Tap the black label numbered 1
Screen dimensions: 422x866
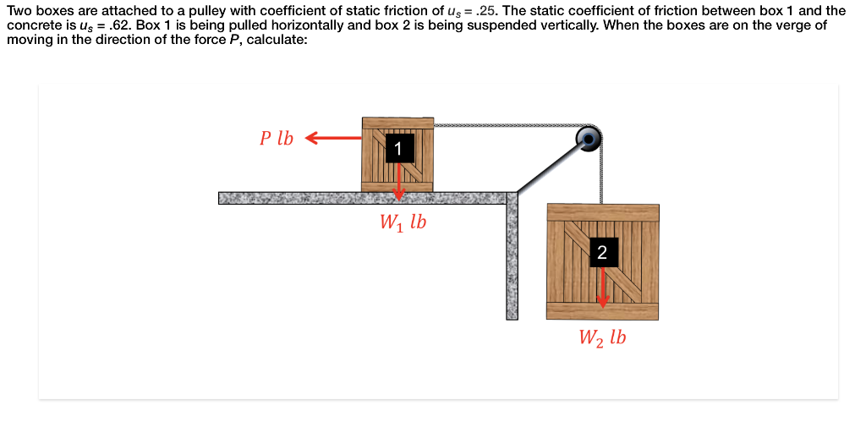click(398, 150)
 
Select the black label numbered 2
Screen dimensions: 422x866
click(601, 252)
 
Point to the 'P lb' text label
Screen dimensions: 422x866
click(277, 139)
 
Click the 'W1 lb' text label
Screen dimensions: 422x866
click(402, 223)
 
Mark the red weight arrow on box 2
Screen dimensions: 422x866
click(602, 288)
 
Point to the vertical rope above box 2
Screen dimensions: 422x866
click(601, 173)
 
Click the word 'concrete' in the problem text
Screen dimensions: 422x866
click(30, 25)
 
